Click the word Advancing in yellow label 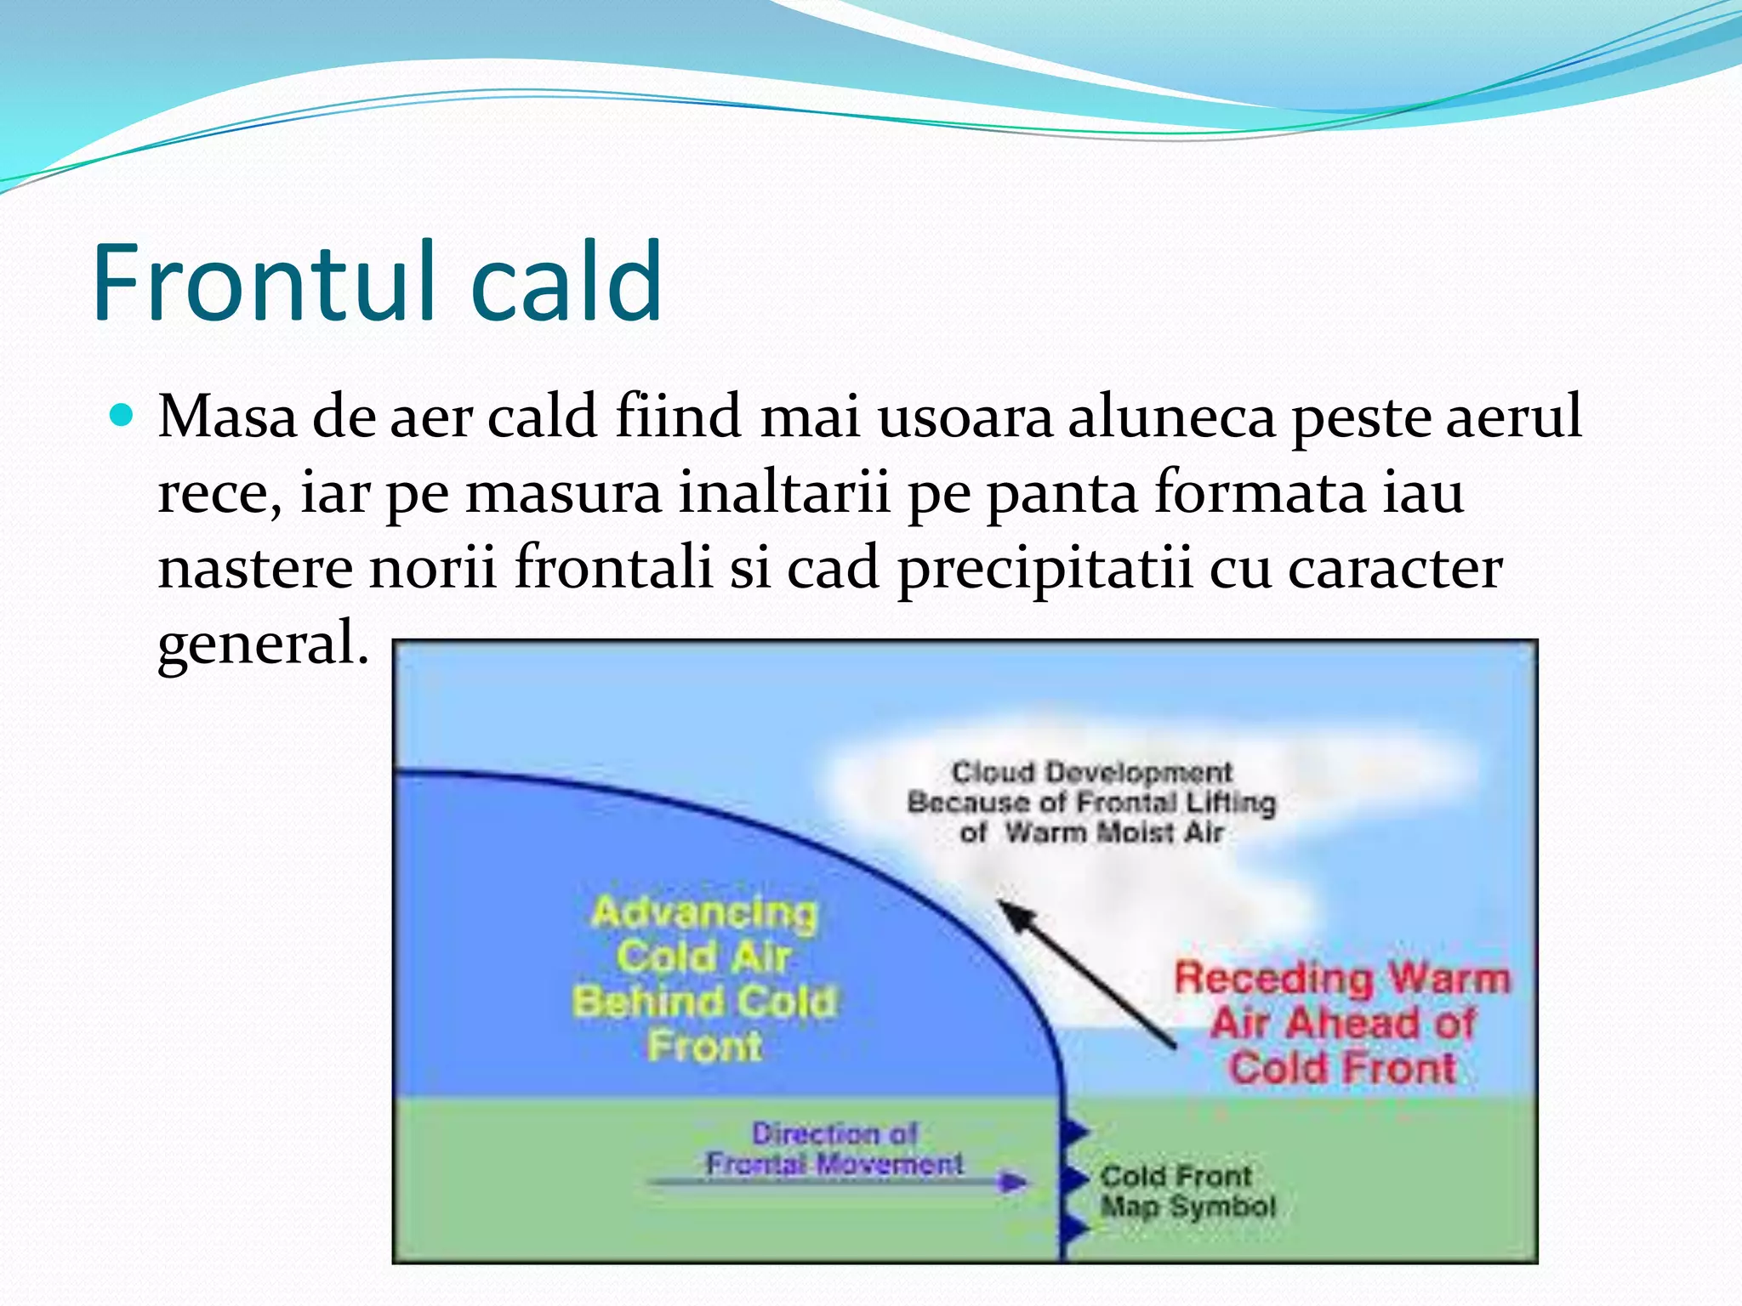click(x=704, y=913)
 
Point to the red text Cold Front click(x=1342, y=1068)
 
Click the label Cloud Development click(x=1091, y=772)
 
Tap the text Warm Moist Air click(x=1114, y=832)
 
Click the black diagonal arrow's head click(x=1012, y=915)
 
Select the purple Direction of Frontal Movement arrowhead click(x=1013, y=1182)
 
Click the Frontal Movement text click(x=834, y=1163)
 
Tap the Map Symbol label click(x=1188, y=1207)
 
